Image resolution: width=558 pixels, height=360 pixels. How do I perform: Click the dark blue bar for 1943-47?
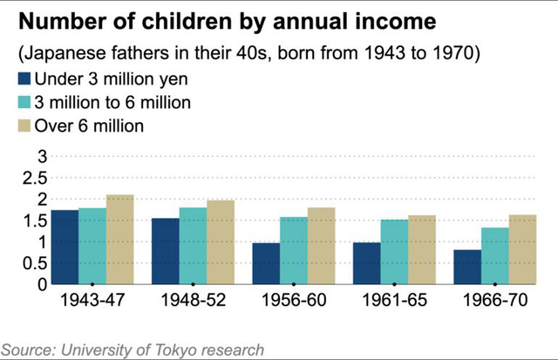(x=64, y=247)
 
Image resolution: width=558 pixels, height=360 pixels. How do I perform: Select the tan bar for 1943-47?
(x=119, y=239)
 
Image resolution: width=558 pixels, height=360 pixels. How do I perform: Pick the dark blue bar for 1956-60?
(x=266, y=263)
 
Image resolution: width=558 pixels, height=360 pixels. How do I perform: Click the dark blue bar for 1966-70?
(x=467, y=267)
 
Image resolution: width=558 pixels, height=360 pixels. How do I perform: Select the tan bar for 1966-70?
(x=522, y=248)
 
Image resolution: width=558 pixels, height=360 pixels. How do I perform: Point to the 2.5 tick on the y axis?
(x=33, y=178)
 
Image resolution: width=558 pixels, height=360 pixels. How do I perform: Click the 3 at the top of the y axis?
(x=40, y=156)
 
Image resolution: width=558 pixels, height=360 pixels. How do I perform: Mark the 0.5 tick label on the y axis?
(x=33, y=262)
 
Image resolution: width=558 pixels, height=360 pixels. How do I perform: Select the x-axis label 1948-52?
(x=193, y=301)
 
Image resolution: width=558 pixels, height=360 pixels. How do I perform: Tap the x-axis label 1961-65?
(x=394, y=301)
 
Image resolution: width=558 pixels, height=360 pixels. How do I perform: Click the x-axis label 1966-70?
(x=494, y=301)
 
